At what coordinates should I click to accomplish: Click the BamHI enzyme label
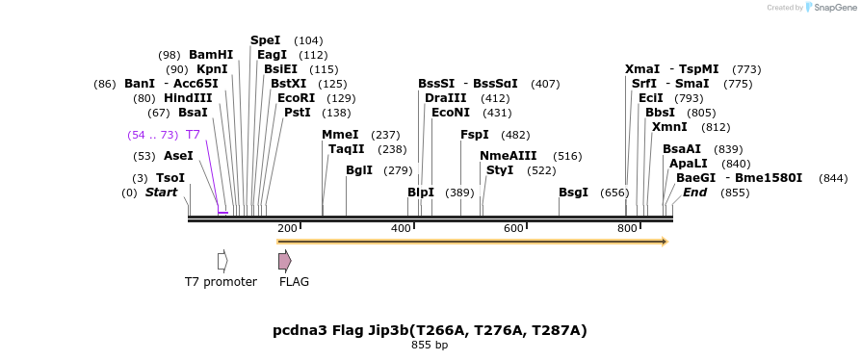pyautogui.click(x=211, y=55)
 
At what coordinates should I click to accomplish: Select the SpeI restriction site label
pyautogui.click(x=265, y=40)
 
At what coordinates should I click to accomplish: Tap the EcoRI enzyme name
pyautogui.click(x=296, y=98)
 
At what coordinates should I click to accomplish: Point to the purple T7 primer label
pyautogui.click(x=193, y=135)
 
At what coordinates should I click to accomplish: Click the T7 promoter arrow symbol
pyautogui.click(x=222, y=261)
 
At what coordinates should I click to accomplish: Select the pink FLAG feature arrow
pyautogui.click(x=284, y=261)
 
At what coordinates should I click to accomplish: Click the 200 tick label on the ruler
pyautogui.click(x=287, y=228)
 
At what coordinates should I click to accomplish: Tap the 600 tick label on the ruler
pyautogui.click(x=513, y=228)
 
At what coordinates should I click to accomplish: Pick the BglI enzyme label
pyautogui.click(x=359, y=170)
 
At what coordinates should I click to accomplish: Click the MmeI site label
pyautogui.click(x=340, y=135)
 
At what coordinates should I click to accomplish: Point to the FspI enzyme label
pyautogui.click(x=475, y=135)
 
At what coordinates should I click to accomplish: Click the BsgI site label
pyautogui.click(x=573, y=193)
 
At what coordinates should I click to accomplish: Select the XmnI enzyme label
pyautogui.click(x=669, y=127)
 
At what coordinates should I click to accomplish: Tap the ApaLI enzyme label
pyautogui.click(x=688, y=164)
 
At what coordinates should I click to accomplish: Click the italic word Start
pyautogui.click(x=162, y=193)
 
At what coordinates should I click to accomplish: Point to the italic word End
pyautogui.click(x=694, y=193)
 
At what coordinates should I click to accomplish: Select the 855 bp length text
pyautogui.click(x=430, y=345)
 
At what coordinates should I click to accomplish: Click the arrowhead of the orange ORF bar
pyautogui.click(x=664, y=242)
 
